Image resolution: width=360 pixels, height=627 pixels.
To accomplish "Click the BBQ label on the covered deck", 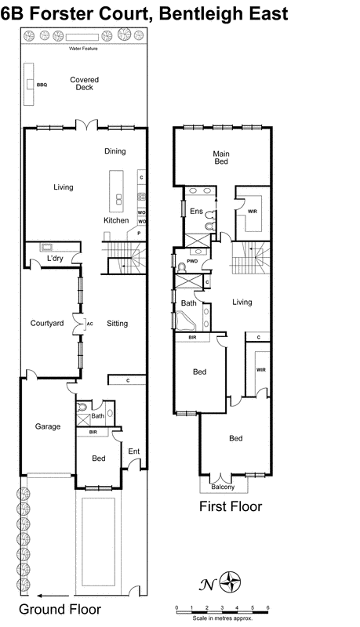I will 42,85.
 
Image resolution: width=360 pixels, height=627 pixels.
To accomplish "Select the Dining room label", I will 115,150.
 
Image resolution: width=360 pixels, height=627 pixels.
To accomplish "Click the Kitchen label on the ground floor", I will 116,220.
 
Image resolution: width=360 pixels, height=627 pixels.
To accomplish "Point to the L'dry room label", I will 55,258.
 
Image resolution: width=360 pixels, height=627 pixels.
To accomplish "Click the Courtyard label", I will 46,323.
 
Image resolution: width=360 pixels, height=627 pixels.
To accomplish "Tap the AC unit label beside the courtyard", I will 89,323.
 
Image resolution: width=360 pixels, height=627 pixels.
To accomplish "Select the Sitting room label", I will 117,323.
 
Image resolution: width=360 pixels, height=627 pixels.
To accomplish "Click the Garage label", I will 48,427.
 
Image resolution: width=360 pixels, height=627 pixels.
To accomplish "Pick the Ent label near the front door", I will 133,451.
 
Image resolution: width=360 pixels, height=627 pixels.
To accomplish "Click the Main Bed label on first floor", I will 221,157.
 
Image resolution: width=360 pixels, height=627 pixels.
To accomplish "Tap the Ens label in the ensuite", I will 195,211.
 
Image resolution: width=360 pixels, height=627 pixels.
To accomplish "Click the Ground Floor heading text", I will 60,609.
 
